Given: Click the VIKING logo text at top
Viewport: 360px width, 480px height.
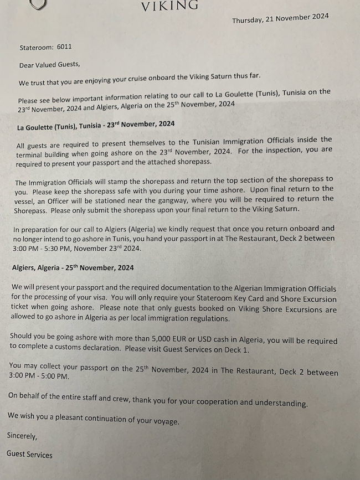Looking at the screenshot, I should click(170, 6).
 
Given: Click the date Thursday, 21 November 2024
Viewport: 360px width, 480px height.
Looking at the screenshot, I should click(280, 18).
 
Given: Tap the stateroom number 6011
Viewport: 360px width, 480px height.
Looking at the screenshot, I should click(64, 48).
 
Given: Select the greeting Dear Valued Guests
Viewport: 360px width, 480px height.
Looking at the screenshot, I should click(49, 65).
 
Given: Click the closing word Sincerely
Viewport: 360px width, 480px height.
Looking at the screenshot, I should click(22, 436).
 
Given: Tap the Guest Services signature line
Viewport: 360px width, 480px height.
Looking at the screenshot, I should click(29, 455).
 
